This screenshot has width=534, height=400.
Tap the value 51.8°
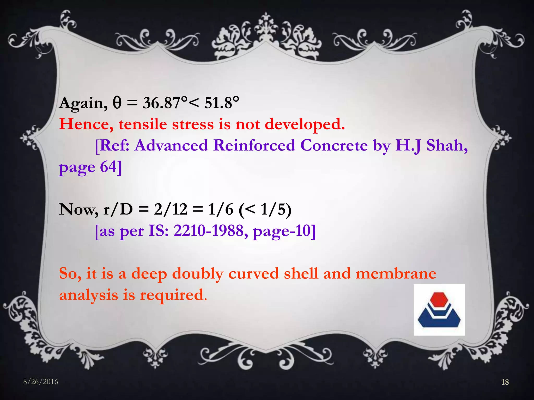[221, 103]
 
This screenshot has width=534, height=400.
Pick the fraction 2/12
[171, 209]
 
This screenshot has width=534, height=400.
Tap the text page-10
[284, 231]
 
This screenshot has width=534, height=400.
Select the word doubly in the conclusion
[198, 274]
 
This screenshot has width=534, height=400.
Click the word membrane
[396, 274]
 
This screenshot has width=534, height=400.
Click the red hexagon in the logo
[439, 299]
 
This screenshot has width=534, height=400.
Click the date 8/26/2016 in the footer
[41, 382]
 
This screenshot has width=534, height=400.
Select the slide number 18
[505, 382]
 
